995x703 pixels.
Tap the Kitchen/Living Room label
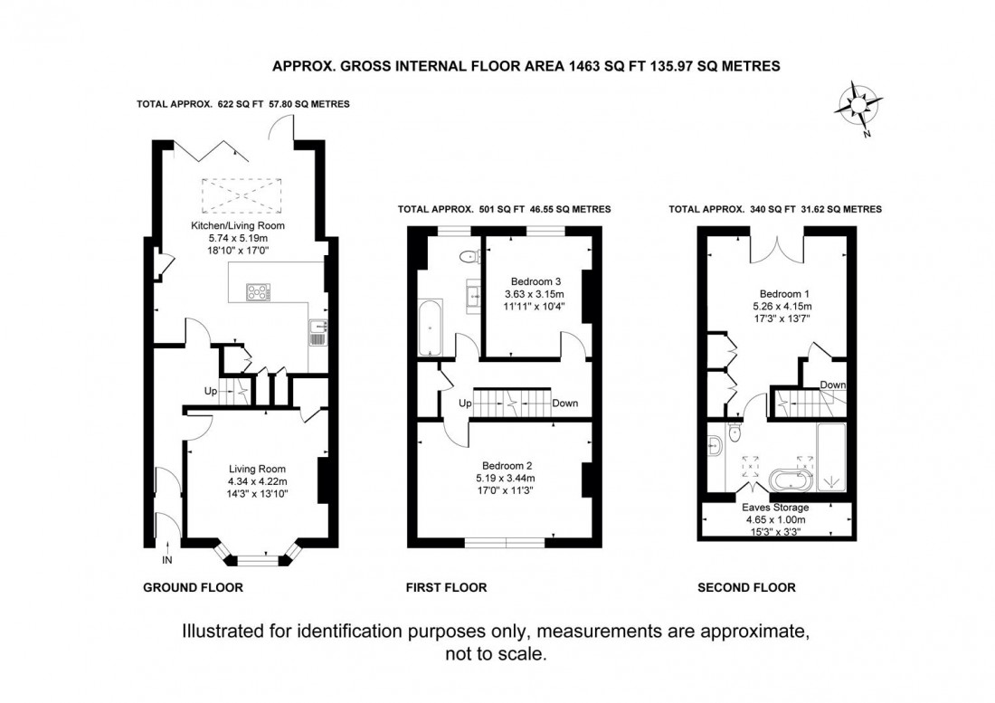click(x=234, y=225)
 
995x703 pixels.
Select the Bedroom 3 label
click(x=520, y=280)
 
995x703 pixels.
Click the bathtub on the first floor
click(x=429, y=326)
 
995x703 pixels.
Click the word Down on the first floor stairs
click(x=565, y=404)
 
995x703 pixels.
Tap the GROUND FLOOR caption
click(x=193, y=587)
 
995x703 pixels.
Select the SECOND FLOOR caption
click(x=746, y=587)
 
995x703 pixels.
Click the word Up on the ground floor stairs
click(x=210, y=391)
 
